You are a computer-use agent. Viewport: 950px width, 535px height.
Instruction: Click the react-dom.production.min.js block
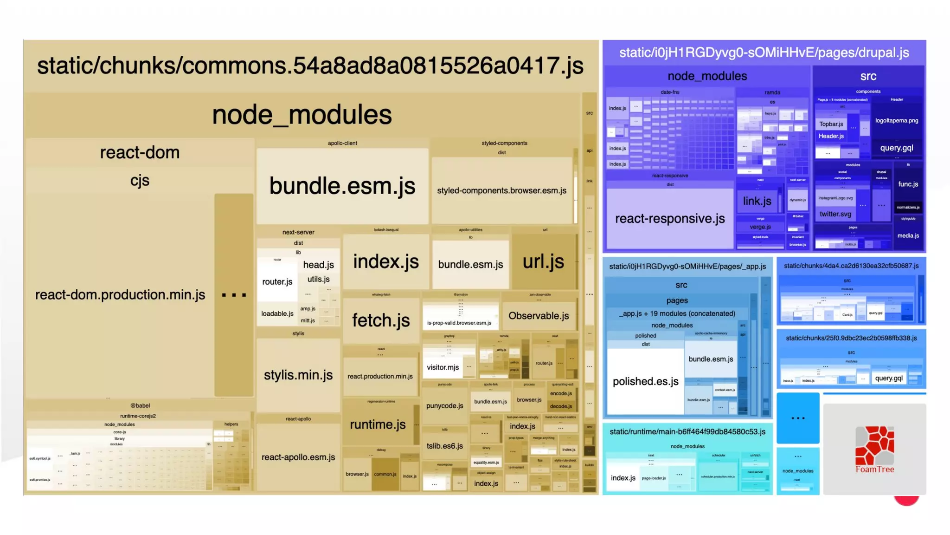120,295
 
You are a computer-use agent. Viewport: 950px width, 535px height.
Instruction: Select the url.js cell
543,261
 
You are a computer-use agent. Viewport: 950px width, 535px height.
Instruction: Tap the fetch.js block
381,320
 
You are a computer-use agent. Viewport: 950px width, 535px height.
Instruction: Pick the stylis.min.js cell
298,375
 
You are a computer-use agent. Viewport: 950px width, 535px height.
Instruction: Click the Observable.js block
539,316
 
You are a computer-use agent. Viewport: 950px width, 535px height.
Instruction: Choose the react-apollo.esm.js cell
298,457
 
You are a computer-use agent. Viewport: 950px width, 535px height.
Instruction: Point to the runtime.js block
378,424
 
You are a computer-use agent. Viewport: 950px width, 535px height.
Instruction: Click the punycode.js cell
444,405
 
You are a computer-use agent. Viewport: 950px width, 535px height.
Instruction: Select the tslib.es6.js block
444,446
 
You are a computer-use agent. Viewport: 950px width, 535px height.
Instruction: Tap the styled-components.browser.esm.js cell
501,190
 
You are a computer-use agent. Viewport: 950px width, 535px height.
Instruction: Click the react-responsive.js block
670,218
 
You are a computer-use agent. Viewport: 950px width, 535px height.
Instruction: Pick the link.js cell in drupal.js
757,201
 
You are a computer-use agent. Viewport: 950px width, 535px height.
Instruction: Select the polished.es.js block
645,381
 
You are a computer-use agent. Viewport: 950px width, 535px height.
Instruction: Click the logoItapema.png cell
896,120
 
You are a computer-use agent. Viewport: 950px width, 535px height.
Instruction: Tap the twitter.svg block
835,214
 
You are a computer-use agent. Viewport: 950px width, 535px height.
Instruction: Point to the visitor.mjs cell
443,367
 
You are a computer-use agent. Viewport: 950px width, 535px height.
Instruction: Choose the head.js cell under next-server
318,265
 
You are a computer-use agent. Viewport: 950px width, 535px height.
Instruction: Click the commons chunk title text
310,65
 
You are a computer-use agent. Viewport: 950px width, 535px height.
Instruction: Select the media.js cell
908,235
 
